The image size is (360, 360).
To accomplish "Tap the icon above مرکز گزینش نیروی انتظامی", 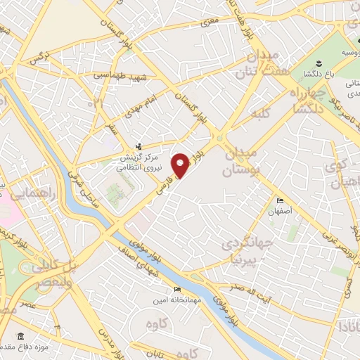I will point(139,146).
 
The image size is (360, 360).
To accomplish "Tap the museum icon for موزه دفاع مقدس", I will point(20,335).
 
